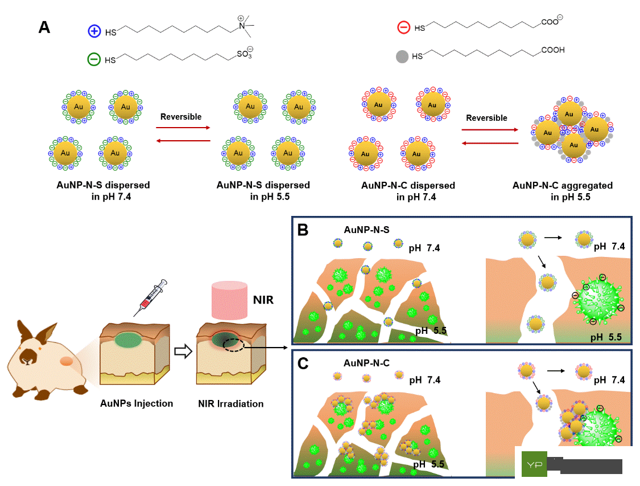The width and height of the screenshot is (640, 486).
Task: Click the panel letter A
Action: [x=44, y=27]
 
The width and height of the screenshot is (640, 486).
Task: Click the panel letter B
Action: [x=303, y=230]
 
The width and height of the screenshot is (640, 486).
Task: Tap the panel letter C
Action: [x=304, y=363]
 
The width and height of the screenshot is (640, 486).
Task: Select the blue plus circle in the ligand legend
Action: [x=94, y=32]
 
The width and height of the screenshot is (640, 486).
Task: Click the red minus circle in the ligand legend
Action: [x=403, y=27]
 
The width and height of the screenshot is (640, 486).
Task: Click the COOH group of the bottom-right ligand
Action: [x=552, y=51]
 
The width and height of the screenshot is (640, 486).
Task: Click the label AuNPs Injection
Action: [x=136, y=403]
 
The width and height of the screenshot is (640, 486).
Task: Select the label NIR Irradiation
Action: [x=230, y=403]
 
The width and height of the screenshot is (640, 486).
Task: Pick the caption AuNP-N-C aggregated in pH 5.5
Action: [x=554, y=191]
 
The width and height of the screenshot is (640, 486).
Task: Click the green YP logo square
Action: [x=534, y=464]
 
